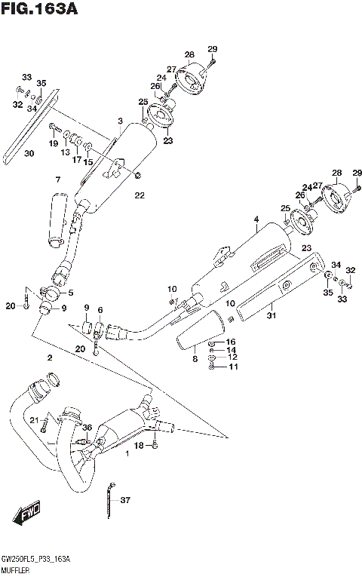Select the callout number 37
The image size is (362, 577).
(x=125, y=500)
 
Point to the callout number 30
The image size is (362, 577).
(x=29, y=154)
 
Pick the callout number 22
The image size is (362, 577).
(x=139, y=196)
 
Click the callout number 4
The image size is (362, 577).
(x=256, y=219)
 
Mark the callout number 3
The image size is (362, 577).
(x=119, y=121)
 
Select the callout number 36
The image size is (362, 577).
(x=87, y=428)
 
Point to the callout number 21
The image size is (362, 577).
(x=34, y=419)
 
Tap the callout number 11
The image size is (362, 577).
(x=232, y=367)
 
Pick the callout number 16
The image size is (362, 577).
(x=232, y=342)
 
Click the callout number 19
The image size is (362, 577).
(x=54, y=143)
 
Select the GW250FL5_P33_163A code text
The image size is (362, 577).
(x=36, y=559)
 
